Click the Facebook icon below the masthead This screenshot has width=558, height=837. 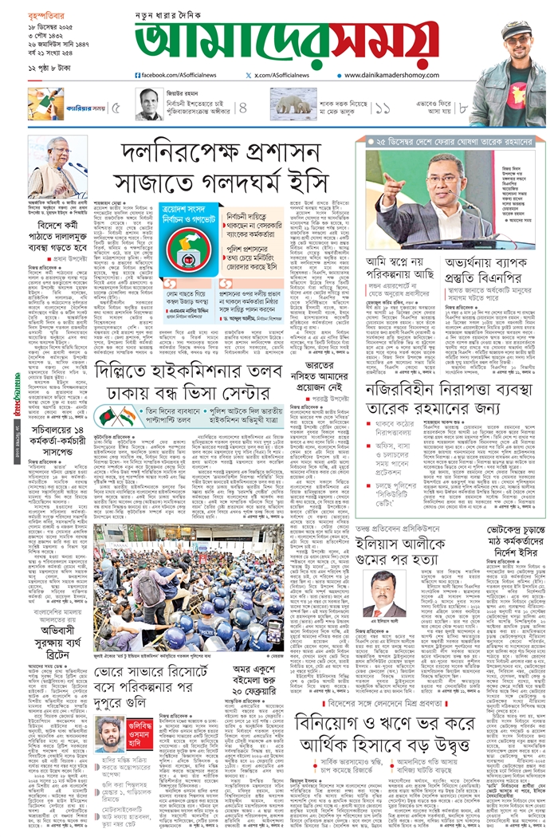tap(138, 74)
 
